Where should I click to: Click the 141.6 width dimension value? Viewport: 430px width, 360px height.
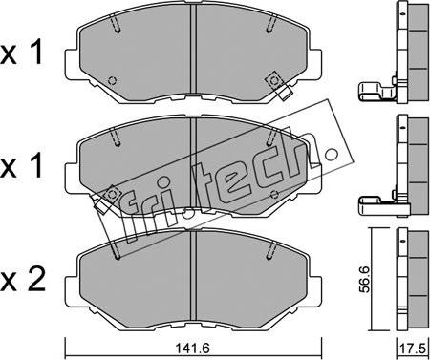point(193,349)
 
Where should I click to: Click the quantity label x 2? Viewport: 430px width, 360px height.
point(22,280)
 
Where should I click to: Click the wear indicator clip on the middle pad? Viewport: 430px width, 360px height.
point(105,199)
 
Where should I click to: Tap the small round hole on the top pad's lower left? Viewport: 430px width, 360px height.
point(112,80)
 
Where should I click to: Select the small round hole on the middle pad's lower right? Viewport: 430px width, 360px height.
point(274,194)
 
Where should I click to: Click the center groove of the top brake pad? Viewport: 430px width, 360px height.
point(193,49)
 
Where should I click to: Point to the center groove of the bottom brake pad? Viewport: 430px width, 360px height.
point(193,274)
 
